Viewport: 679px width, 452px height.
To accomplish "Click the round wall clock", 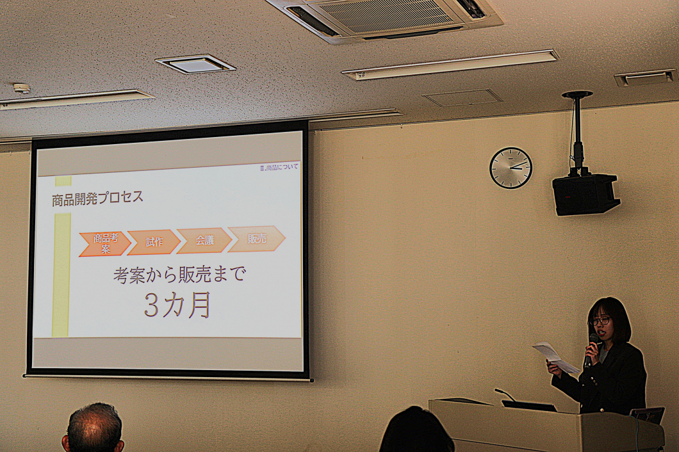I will (511, 168).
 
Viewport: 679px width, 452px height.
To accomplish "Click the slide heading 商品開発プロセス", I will (97, 198).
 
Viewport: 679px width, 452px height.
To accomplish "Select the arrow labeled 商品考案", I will (104, 243).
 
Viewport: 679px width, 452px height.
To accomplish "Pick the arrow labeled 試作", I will (154, 242).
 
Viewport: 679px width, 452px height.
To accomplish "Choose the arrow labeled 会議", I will (204, 241).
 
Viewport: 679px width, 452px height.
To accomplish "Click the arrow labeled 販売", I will (256, 239).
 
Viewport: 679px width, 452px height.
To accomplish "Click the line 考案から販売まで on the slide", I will (179, 275).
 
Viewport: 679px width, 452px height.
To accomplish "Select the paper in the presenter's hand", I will (555, 357).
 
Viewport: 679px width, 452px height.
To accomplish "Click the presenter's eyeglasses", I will (600, 321).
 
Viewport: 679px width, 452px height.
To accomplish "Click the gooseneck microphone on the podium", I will (504, 393).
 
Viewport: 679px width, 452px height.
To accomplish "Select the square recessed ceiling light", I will (195, 64).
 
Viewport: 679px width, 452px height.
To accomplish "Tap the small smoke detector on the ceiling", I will (22, 88).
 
